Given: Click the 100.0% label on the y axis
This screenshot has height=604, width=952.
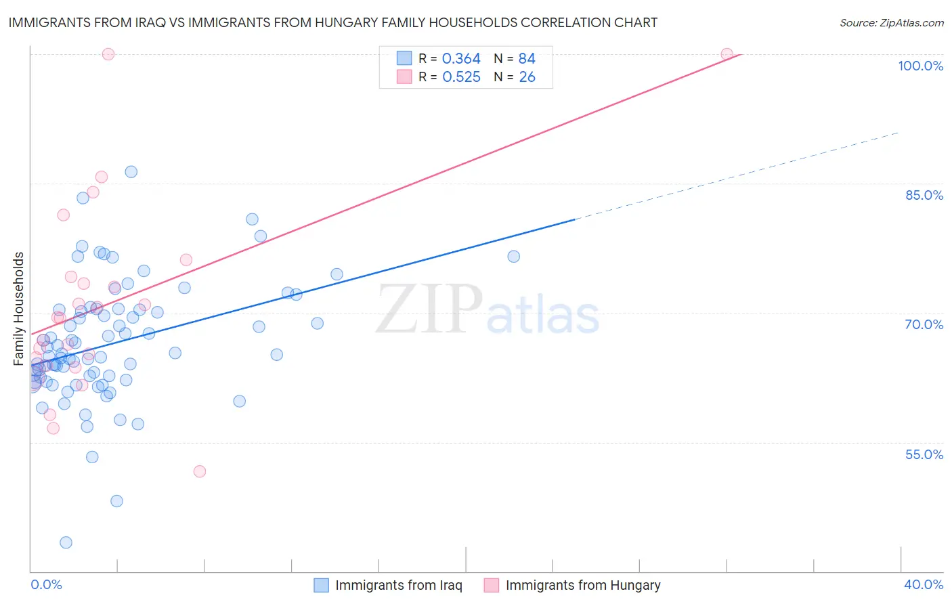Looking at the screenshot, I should tap(920, 66).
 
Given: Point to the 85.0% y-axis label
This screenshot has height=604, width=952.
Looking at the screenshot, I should tap(924, 195).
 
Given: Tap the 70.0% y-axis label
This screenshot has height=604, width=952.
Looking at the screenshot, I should tap(924, 324).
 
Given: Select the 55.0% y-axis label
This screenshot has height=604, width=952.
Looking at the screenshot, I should tap(924, 454).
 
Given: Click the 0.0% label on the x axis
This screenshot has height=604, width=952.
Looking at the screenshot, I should tap(46, 584).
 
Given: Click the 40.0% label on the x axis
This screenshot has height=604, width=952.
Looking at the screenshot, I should tap(924, 584).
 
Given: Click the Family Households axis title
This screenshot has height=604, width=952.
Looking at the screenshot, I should tap(19, 309).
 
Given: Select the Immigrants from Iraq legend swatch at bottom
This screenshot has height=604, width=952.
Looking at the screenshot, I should tap(321, 585).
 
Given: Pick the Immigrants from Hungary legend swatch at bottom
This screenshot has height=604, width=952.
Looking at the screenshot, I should tap(492, 585).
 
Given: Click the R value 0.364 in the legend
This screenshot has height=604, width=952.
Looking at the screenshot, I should tap(461, 59).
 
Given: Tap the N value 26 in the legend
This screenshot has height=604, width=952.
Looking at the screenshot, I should tap(527, 77).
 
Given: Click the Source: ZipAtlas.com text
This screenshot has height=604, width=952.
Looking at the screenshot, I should tap(891, 23).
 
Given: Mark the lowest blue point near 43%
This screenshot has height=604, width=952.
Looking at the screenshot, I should tap(66, 542).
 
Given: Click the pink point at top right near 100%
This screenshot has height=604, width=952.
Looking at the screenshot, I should tap(727, 54).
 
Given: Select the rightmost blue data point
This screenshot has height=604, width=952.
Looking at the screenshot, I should tap(513, 257).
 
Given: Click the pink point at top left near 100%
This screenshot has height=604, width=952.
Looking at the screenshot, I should tap(108, 54).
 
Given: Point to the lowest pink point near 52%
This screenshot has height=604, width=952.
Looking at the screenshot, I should tap(199, 471).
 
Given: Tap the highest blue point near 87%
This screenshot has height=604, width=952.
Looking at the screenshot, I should tap(131, 172).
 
